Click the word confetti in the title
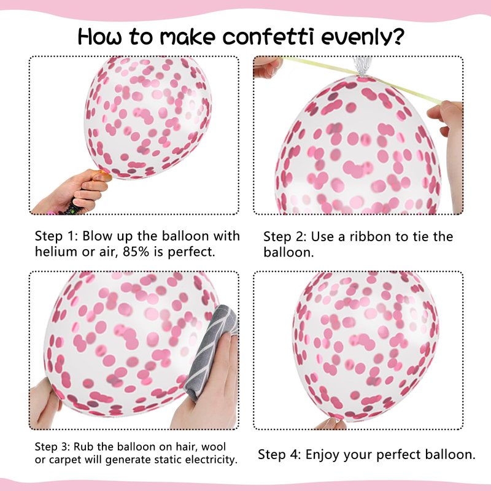268,37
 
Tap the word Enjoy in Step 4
322,455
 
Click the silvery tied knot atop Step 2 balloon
362,67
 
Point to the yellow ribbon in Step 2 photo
361,80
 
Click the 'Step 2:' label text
284,237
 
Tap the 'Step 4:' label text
279,455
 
